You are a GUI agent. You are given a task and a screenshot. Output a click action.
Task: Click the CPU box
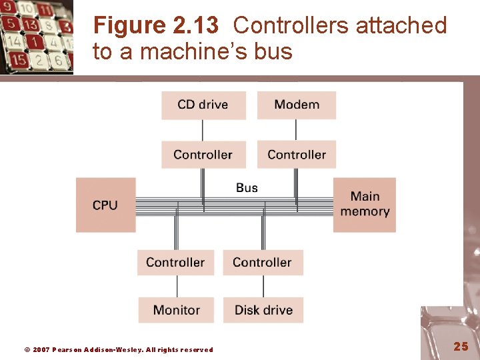(x=105, y=205)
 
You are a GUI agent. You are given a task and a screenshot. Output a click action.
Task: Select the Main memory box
(x=364, y=204)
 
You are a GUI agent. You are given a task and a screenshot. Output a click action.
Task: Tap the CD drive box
(x=203, y=105)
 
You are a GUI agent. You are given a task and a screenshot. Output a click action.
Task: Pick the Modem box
(x=296, y=105)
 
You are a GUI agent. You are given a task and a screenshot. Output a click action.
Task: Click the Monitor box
(x=176, y=310)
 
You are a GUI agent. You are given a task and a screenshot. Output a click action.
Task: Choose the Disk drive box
(x=263, y=310)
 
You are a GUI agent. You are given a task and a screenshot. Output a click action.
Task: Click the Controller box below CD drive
(x=203, y=155)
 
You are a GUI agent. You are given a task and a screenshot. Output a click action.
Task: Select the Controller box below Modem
(x=296, y=155)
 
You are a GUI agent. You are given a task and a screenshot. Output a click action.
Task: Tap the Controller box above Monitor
(x=176, y=262)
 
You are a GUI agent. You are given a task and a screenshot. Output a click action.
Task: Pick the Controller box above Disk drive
(x=263, y=262)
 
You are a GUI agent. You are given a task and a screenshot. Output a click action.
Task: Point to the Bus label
(x=247, y=188)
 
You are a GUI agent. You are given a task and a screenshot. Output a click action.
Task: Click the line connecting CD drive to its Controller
(x=203, y=130)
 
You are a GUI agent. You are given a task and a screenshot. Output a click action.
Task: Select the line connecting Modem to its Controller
(x=296, y=130)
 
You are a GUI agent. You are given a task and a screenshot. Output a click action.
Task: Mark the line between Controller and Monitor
(x=177, y=286)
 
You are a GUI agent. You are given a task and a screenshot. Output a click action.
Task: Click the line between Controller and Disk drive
(x=263, y=286)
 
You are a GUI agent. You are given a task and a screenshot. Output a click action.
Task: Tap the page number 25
(x=461, y=346)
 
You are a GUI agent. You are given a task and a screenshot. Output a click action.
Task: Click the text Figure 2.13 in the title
(x=155, y=25)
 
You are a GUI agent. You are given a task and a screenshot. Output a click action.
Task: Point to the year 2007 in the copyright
(x=41, y=349)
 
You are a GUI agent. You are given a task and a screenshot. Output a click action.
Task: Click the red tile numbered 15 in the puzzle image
(x=18, y=60)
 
